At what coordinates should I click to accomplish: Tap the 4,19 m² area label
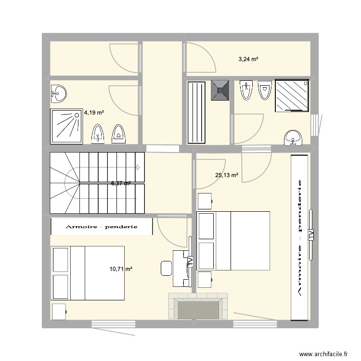(94, 113)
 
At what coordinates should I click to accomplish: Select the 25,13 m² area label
(226, 176)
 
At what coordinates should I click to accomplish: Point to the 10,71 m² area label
(121, 270)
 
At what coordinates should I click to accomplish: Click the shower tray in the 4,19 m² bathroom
(66, 126)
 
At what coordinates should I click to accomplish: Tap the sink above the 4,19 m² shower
(59, 92)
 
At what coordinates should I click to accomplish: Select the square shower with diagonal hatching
(292, 95)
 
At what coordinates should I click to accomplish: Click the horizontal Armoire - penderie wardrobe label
(102, 226)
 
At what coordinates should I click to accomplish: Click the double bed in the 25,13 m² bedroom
(233, 241)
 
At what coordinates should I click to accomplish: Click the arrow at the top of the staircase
(138, 168)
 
